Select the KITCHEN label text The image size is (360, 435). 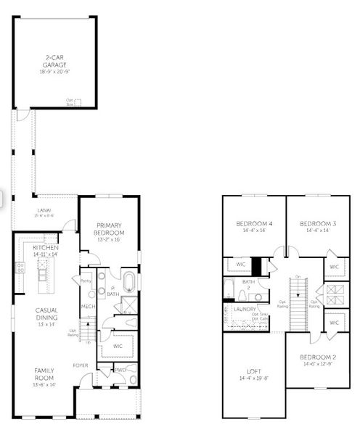45,248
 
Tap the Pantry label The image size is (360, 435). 86,280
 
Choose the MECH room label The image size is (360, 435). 88,307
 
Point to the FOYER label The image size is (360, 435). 81,365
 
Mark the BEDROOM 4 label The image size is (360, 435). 254,226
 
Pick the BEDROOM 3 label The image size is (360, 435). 318,226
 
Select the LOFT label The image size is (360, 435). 253,373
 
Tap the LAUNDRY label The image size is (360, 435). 245,310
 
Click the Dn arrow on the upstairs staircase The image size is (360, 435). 298,277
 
